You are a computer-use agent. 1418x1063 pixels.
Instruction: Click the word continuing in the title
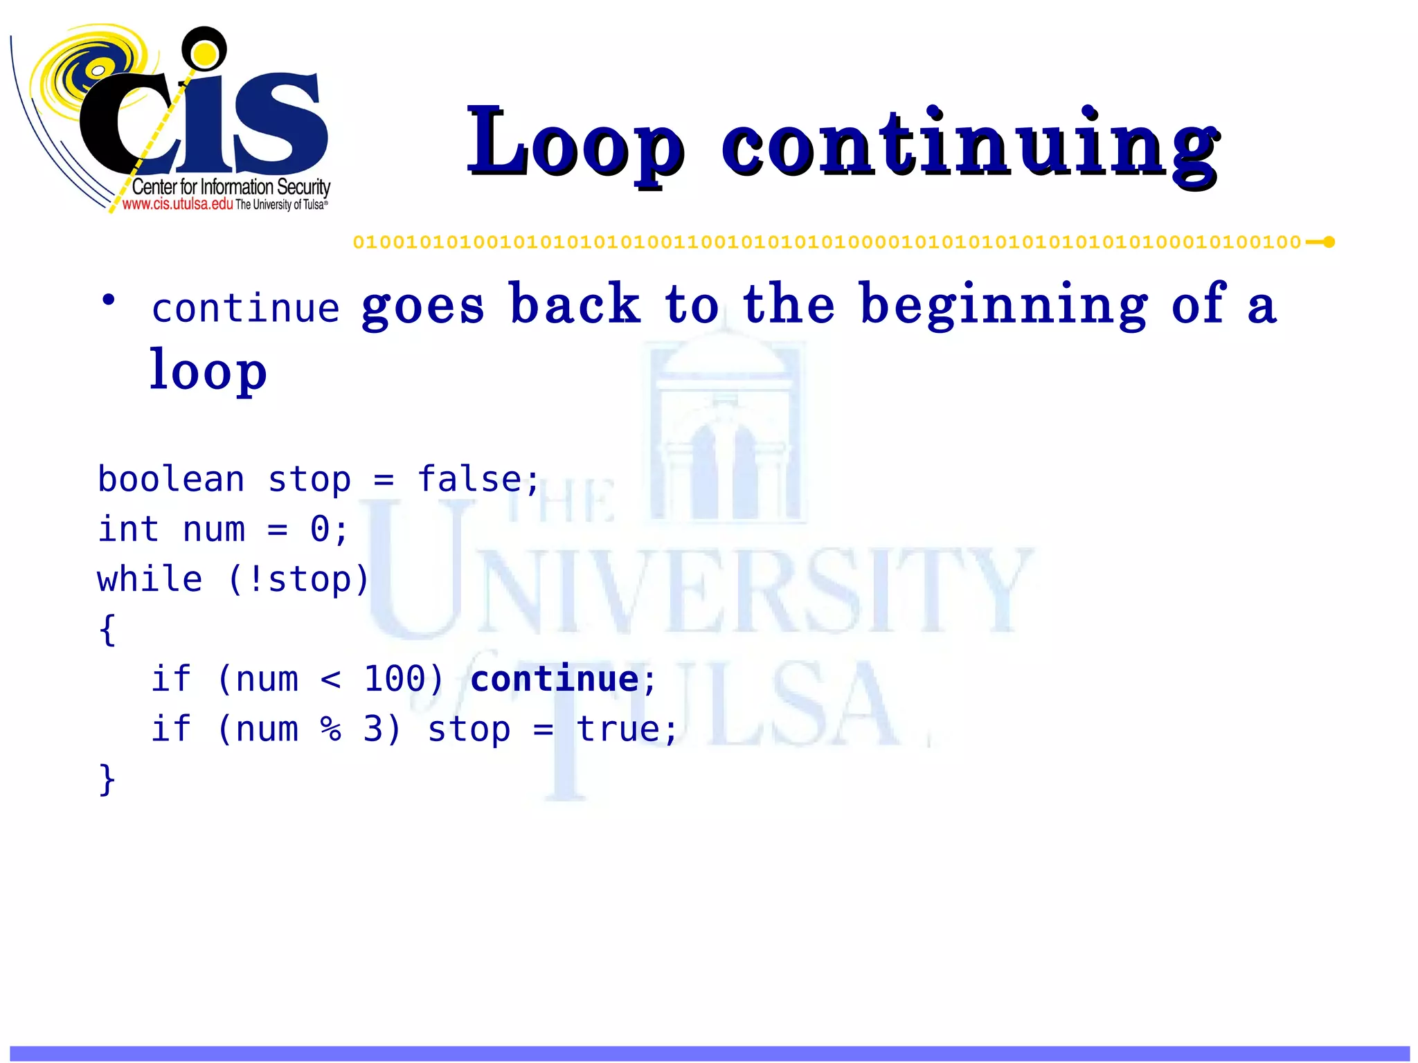click(x=969, y=144)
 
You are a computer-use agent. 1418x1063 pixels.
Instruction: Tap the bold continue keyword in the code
click(x=554, y=679)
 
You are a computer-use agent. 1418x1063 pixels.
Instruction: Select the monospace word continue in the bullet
click(x=246, y=309)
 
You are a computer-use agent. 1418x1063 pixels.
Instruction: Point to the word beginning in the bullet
click(x=1003, y=305)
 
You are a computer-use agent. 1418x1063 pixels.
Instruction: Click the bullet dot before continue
click(x=108, y=300)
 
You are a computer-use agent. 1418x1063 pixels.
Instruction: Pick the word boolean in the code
click(x=171, y=480)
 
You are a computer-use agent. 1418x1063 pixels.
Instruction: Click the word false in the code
click(x=469, y=480)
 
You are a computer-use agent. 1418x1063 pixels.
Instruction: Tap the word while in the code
click(x=150, y=579)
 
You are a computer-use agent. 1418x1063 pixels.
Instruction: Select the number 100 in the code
click(x=394, y=679)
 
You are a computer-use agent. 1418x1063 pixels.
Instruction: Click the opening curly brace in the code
click(x=107, y=630)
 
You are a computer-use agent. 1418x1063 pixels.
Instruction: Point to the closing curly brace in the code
click(x=107, y=779)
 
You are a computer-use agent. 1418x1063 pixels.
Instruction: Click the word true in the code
click(x=618, y=729)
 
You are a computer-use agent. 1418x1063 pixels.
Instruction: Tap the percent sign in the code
click(x=330, y=729)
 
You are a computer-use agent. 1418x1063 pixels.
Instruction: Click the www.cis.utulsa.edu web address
click(x=177, y=204)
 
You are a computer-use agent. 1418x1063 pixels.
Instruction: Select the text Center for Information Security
click(x=231, y=187)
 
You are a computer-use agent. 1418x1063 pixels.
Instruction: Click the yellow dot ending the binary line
click(x=1329, y=242)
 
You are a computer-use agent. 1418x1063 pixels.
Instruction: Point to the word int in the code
click(x=129, y=529)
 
